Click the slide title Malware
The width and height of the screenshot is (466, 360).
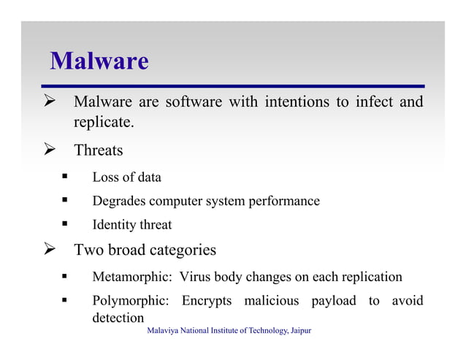point(99,61)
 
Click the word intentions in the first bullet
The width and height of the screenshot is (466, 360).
point(296,102)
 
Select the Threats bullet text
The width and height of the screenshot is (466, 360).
point(99,151)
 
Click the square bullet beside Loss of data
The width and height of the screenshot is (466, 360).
point(65,177)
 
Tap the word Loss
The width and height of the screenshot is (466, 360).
point(105,177)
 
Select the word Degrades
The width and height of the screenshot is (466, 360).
point(117,201)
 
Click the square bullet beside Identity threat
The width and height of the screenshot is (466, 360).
point(65,224)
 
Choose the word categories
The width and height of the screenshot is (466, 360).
point(183,250)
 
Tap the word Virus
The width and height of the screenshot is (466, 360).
point(196,277)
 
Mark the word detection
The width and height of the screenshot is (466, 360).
point(118,318)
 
